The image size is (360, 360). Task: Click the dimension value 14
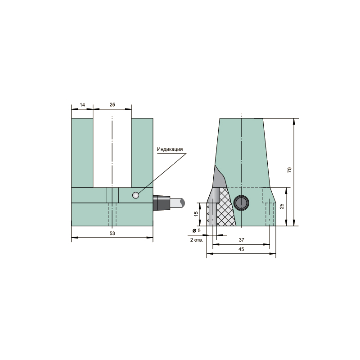click(82, 105)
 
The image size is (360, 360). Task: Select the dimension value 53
click(112, 233)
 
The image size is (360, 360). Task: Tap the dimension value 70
click(289, 170)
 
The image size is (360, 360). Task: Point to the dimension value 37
click(241, 240)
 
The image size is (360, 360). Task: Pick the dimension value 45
click(241, 249)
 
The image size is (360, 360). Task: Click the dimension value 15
click(196, 214)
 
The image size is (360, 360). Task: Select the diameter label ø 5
click(197, 230)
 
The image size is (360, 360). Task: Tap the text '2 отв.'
click(197, 240)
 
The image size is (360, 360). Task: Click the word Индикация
click(170, 149)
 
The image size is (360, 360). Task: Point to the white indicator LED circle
click(135, 195)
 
